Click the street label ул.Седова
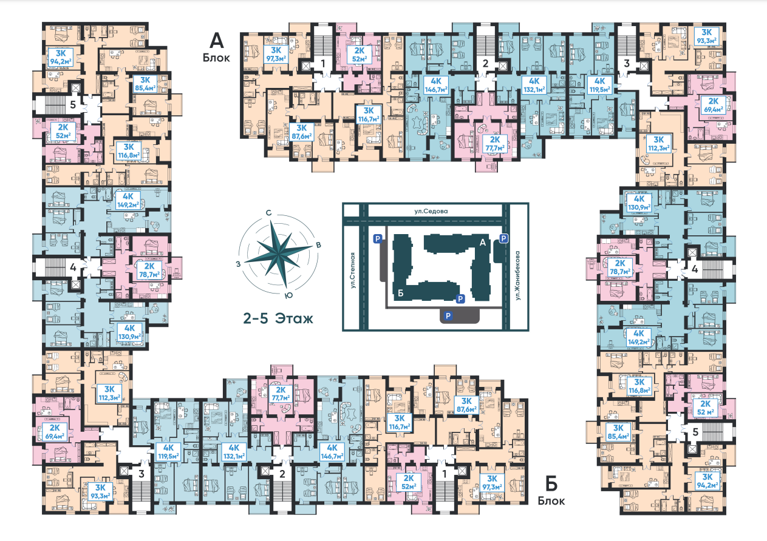pos(431,211)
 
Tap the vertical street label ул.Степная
pos(353,270)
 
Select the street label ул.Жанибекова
pos(517,275)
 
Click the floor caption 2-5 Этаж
pos(278,319)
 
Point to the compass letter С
pos(268,213)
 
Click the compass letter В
pos(318,245)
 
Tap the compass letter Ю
pos(289,295)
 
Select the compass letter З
pos(238,264)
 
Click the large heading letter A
pos(216,41)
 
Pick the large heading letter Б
pos(551,484)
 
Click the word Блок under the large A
pos(216,58)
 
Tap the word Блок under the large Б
pos(551,501)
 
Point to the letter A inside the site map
pos(483,243)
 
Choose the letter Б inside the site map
pos(401,293)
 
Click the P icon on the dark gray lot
pos(448,315)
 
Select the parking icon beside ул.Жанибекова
pos(503,238)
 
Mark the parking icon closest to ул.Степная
pos(377,239)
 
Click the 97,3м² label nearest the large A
pos(276,55)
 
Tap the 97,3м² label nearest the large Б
pos(492,483)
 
